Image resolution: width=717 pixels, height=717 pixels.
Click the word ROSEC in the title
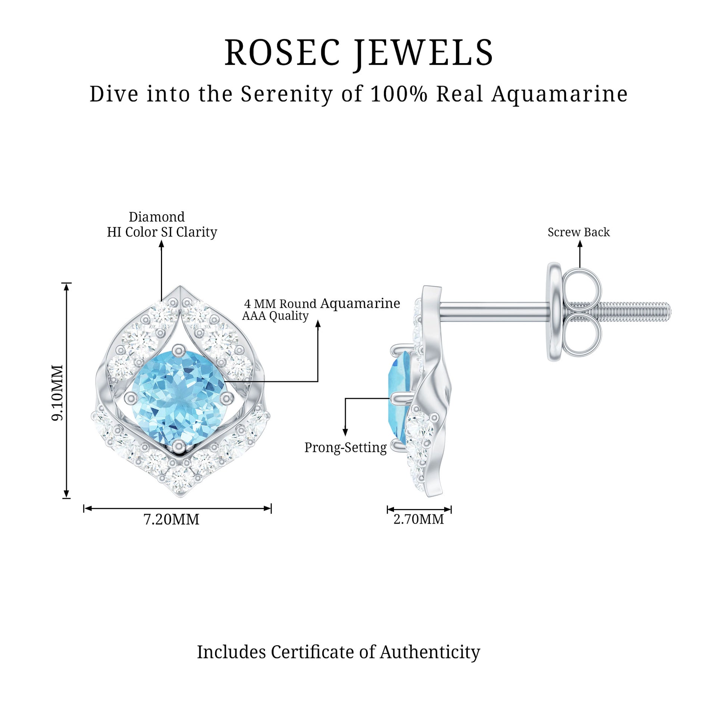(x=282, y=53)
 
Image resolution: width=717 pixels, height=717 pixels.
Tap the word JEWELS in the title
(x=423, y=54)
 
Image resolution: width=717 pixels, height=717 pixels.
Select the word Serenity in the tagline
(x=286, y=94)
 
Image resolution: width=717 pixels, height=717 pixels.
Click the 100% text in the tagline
(x=399, y=94)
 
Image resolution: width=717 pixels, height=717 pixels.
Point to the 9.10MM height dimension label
(x=58, y=392)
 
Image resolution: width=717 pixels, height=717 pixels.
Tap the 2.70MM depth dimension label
(x=419, y=519)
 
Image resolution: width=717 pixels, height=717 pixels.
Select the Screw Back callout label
(x=578, y=232)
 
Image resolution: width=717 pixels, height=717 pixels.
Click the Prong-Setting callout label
(x=345, y=447)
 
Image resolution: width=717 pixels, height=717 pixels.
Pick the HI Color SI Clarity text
(x=162, y=232)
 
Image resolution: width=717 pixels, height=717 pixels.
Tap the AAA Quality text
(x=275, y=316)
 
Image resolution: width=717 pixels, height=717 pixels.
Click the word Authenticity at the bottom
(x=430, y=652)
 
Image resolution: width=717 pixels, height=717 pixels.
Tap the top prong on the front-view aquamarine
(x=178, y=350)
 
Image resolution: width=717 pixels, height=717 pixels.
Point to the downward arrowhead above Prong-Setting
(x=345, y=432)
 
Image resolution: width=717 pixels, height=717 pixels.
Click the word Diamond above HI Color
(x=157, y=217)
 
